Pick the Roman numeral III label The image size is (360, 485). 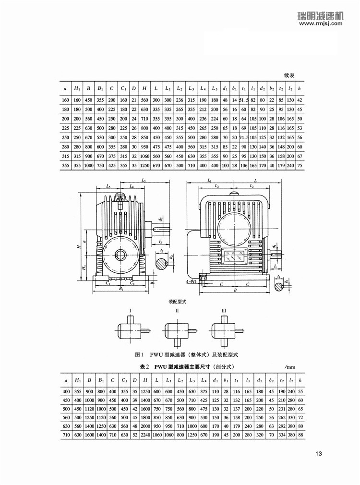[224, 311]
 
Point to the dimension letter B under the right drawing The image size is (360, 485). [234, 290]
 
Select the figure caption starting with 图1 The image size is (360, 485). [187, 355]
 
